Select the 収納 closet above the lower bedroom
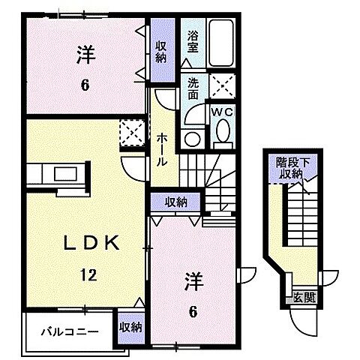pyautogui.click(x=176, y=202)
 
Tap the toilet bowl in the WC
pyautogui.click(x=223, y=133)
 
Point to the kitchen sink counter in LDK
pyautogui.click(x=57, y=175)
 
